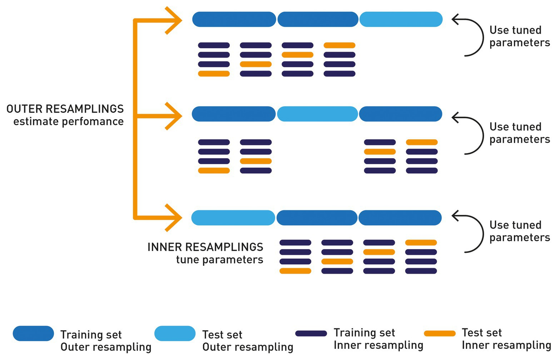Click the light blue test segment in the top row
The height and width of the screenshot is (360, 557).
pos(401,19)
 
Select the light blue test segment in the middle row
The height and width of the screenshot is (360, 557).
pos(318,114)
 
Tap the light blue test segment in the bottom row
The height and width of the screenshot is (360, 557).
pos(233,218)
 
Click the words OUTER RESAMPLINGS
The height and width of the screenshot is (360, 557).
pos(65,109)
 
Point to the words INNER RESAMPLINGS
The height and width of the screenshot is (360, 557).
pos(205,246)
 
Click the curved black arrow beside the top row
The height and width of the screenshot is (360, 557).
pos(468,36)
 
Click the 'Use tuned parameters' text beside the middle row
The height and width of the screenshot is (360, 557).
pos(519,133)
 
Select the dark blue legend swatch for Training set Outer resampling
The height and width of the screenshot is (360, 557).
pos(33,334)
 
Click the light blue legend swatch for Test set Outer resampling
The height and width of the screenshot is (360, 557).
pos(175,334)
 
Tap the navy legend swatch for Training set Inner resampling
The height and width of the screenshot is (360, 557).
pos(311,334)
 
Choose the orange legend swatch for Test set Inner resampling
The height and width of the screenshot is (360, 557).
pos(440,334)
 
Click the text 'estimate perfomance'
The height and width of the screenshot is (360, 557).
pos(68,122)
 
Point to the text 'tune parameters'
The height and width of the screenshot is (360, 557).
pos(220,259)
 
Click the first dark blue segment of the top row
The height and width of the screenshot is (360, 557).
pos(234,19)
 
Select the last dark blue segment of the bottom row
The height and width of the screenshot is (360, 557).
pos(400,218)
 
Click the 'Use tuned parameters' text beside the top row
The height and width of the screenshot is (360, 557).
pos(519,36)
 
